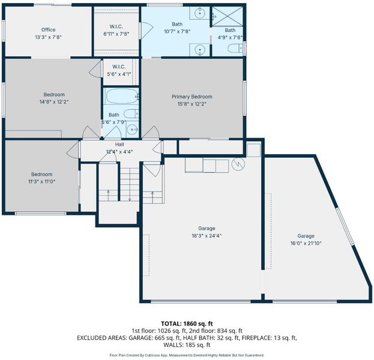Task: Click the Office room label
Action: pos(49,30)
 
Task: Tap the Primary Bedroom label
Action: pos(192,97)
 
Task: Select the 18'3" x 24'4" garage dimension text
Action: pos(207,236)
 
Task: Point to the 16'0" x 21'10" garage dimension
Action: pos(306,244)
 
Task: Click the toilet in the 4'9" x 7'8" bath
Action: pos(235,49)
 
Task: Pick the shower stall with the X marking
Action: pos(228,16)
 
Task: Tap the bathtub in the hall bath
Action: pos(122,97)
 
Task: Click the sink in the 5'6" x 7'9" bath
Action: pos(132,130)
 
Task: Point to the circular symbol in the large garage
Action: pos(238,164)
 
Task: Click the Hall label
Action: pos(119,144)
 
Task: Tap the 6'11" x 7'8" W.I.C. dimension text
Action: pos(116,34)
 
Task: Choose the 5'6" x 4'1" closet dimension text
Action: pos(119,74)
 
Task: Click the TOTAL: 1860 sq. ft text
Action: pos(187,324)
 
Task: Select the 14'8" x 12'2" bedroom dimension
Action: pos(54,102)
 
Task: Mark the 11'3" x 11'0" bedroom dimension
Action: pos(42,182)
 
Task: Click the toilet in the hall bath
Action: pos(131,114)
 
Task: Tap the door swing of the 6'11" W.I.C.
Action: pos(146,30)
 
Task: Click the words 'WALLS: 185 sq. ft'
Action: pos(187,345)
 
